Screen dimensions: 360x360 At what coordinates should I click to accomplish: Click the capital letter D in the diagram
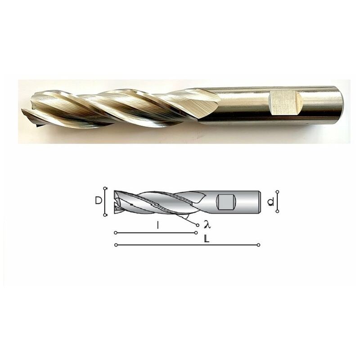tap(98, 201)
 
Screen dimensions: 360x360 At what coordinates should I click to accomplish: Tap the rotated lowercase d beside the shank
tap(271, 202)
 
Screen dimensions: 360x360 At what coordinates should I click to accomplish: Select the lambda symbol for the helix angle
tap(207, 224)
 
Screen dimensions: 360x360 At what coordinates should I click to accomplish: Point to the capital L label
tap(207, 239)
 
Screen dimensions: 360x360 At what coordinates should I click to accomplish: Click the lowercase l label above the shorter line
tap(157, 225)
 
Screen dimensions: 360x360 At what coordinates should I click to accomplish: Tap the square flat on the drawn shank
tap(226, 202)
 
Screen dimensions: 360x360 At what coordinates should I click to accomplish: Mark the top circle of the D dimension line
tap(105, 189)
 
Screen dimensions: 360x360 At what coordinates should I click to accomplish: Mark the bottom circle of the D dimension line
tap(105, 215)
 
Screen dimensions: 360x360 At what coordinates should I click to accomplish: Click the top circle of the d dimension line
tap(277, 192)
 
